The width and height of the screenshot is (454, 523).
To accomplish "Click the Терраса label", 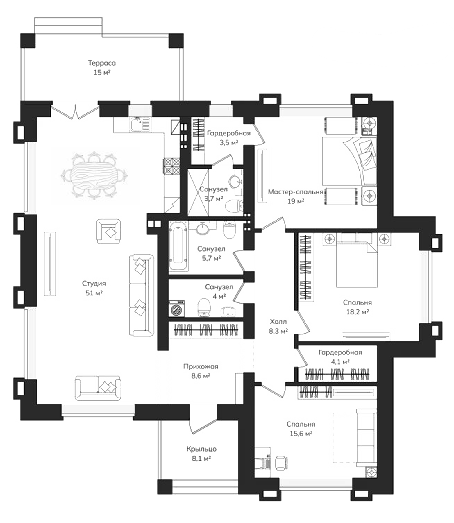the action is pyautogui.click(x=102, y=63).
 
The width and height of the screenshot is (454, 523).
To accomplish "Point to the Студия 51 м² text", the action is pyautogui.click(x=94, y=288).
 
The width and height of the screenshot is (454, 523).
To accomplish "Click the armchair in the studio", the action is pyautogui.click(x=109, y=231).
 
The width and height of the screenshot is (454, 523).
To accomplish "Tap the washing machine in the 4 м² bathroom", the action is pyautogui.click(x=177, y=308).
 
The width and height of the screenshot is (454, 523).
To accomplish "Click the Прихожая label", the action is pyautogui.click(x=201, y=366).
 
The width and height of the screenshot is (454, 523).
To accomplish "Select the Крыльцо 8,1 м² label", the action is pyautogui.click(x=201, y=454).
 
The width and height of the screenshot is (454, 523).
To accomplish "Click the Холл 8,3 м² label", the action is pyautogui.click(x=278, y=326).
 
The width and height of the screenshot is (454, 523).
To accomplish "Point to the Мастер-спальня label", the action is pyautogui.click(x=295, y=192).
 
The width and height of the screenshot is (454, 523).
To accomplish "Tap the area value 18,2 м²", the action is pyautogui.click(x=357, y=312).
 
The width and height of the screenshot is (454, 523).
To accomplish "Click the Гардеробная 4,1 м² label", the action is pyautogui.click(x=340, y=357).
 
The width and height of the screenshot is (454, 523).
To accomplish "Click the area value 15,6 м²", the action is pyautogui.click(x=301, y=434).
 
